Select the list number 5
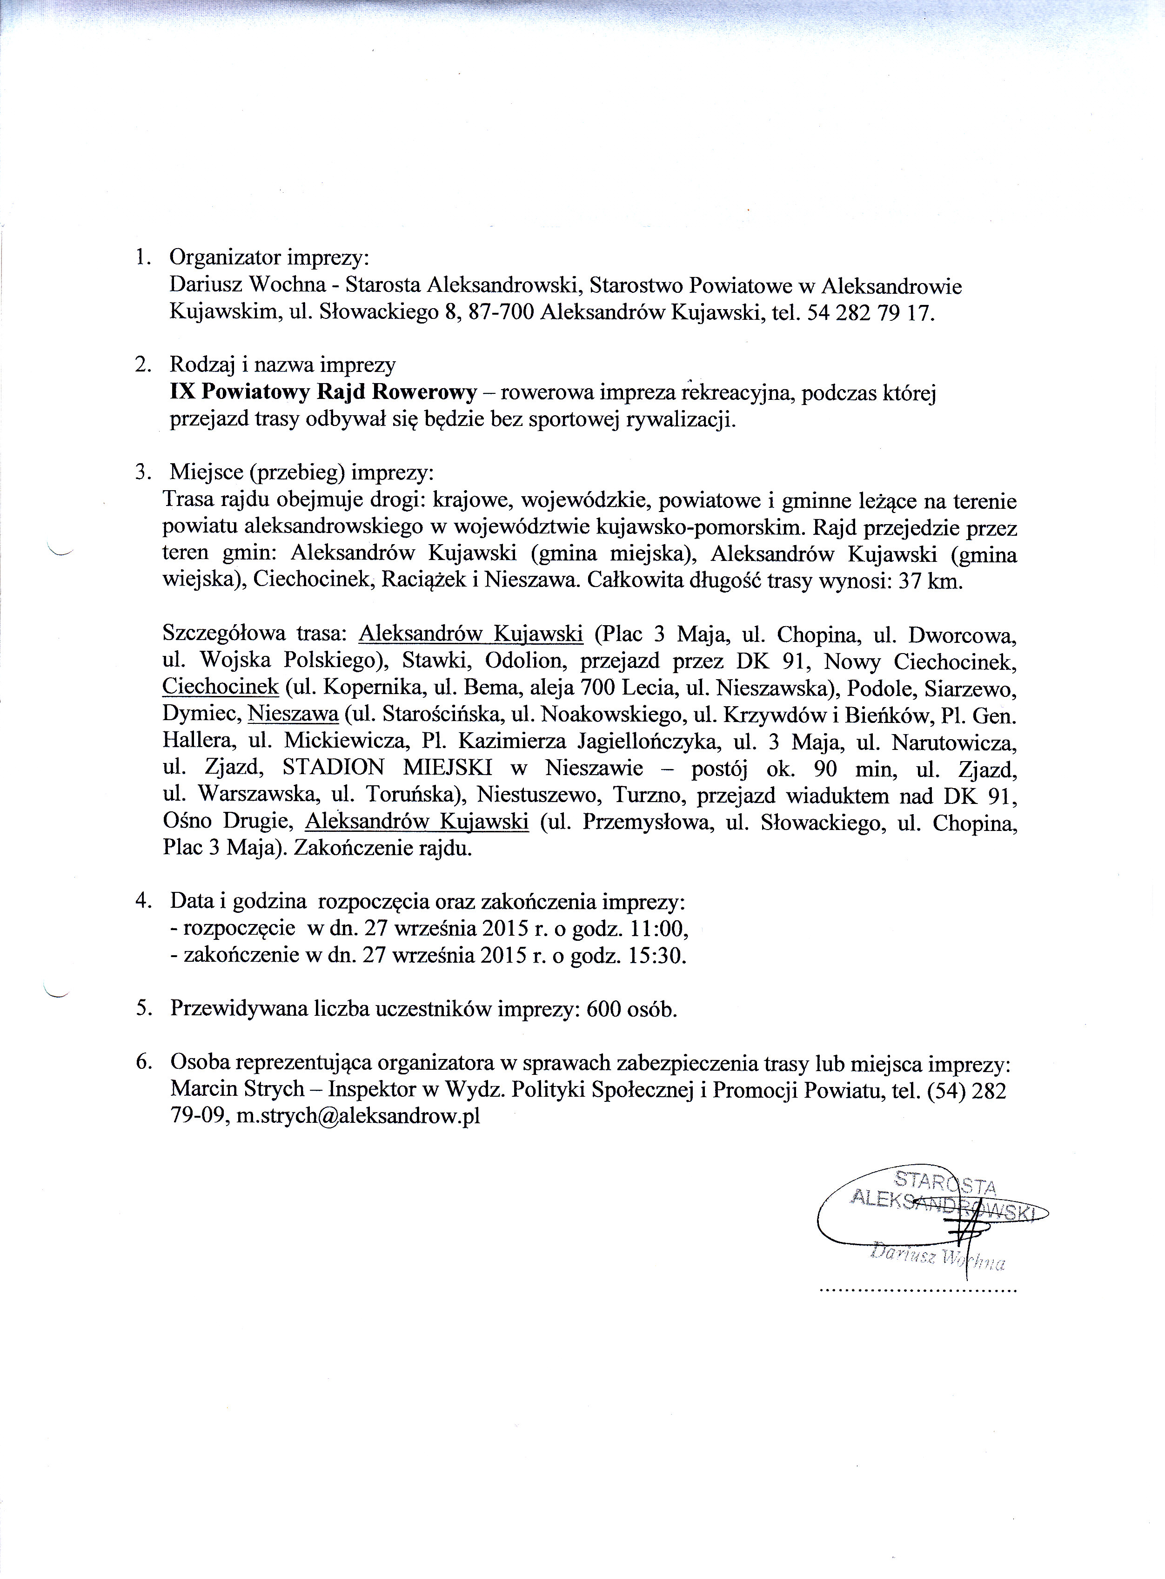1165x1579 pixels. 143,1010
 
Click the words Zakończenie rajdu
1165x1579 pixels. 382,848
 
